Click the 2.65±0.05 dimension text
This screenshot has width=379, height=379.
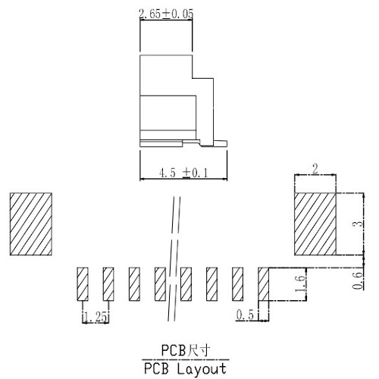(165, 13)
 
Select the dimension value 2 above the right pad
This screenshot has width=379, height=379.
(315, 168)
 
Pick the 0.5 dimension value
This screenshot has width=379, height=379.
(243, 314)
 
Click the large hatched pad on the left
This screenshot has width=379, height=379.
(31, 224)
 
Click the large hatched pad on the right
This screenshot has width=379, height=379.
(315, 224)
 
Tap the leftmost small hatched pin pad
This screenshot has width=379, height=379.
(82, 284)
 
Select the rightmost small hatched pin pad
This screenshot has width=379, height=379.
(265, 284)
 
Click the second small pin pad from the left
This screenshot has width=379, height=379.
(108, 284)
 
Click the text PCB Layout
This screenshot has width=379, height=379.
(185, 369)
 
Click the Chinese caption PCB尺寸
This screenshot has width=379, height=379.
(185, 350)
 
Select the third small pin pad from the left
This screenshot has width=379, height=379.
(133, 284)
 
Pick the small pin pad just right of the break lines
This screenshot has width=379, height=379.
(186, 284)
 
